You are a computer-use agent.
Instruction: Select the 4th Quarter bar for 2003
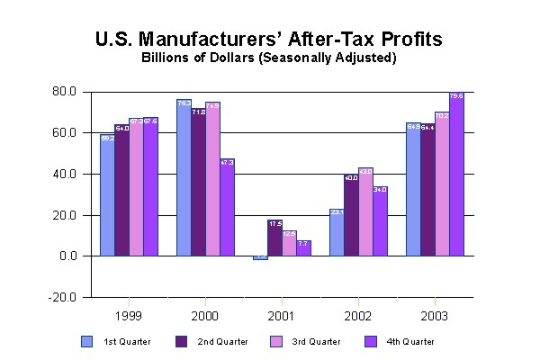click(457, 175)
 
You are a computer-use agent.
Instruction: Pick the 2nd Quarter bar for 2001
click(274, 238)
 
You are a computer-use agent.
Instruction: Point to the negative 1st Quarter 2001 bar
click(260, 257)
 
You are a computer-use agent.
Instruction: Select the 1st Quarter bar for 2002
click(336, 233)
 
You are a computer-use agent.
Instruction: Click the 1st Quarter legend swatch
click(87, 341)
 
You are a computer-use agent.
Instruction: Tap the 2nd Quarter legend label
click(222, 342)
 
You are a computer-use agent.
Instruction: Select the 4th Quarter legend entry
click(402, 342)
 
